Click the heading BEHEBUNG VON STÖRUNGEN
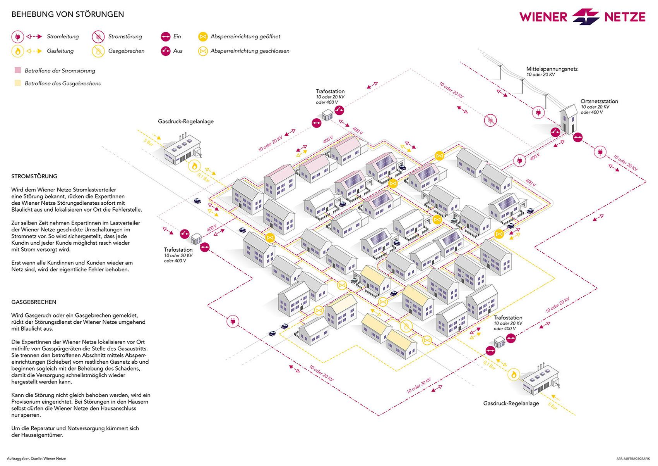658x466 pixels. click(68, 14)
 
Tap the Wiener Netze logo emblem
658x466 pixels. click(586, 16)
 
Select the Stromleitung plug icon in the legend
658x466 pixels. click(18, 37)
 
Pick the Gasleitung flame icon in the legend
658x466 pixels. click(18, 51)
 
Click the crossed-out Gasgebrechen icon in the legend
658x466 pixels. click(98, 51)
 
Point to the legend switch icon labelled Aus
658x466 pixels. click(166, 51)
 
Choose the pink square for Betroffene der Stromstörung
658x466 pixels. click(18, 70)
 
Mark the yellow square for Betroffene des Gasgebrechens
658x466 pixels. click(18, 83)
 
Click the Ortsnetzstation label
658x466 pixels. click(599, 101)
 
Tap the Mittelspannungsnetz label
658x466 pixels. click(552, 69)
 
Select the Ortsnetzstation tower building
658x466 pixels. click(569, 119)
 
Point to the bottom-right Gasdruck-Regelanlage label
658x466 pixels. click(511, 403)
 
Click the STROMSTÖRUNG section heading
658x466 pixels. click(34, 176)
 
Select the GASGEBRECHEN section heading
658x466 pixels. click(34, 302)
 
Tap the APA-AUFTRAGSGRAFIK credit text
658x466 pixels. click(633, 459)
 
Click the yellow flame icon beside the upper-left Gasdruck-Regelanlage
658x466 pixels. click(194, 166)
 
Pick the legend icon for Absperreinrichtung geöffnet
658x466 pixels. click(203, 37)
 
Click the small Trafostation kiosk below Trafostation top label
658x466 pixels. click(327, 115)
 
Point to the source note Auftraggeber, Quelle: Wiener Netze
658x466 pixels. click(36, 458)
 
